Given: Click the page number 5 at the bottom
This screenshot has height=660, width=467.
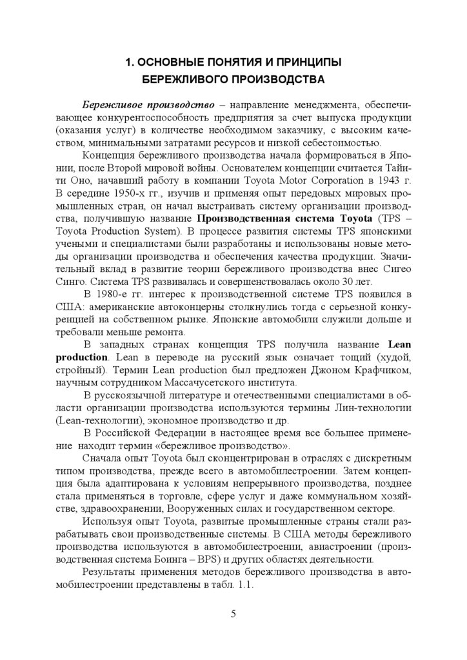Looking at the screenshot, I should [234, 613].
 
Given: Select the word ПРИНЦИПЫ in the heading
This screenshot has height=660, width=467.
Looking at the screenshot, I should [307, 63].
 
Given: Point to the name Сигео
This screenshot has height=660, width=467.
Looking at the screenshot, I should [386, 269].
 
